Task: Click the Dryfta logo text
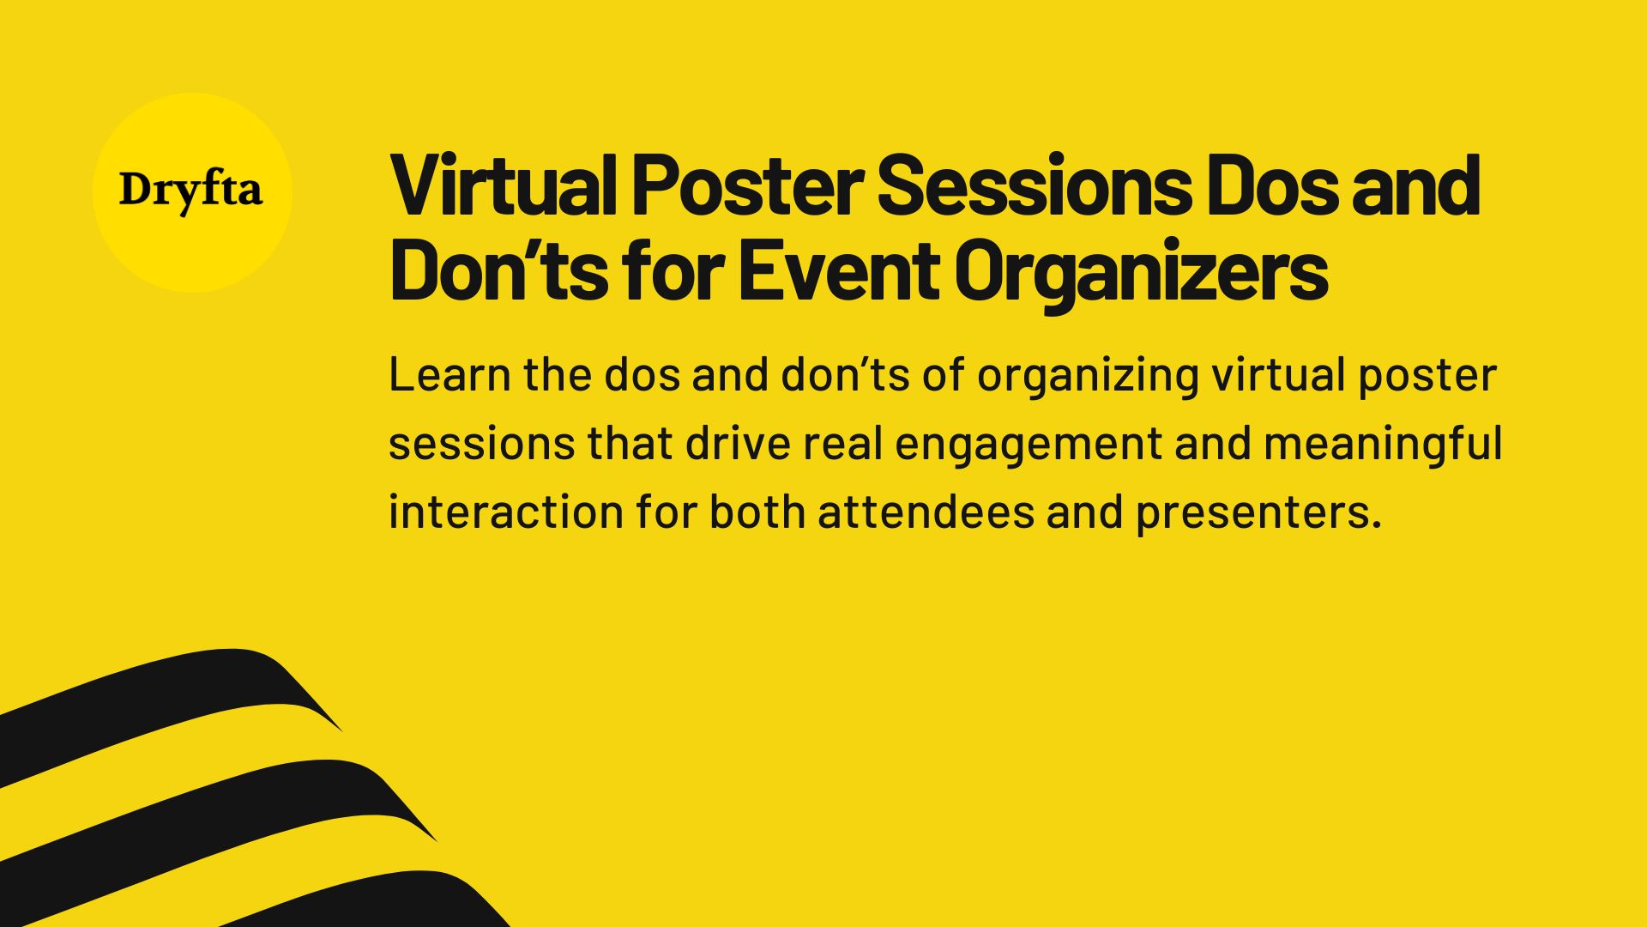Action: [190, 191]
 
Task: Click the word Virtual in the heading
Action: [503, 185]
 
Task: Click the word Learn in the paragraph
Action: [449, 375]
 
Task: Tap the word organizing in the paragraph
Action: [1087, 375]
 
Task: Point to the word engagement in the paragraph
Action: [1028, 444]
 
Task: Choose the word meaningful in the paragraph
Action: [1382, 444]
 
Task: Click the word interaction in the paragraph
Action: [505, 512]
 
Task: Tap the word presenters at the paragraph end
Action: [1258, 512]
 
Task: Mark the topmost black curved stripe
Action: [172, 687]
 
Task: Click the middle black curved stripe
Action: [214, 803]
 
